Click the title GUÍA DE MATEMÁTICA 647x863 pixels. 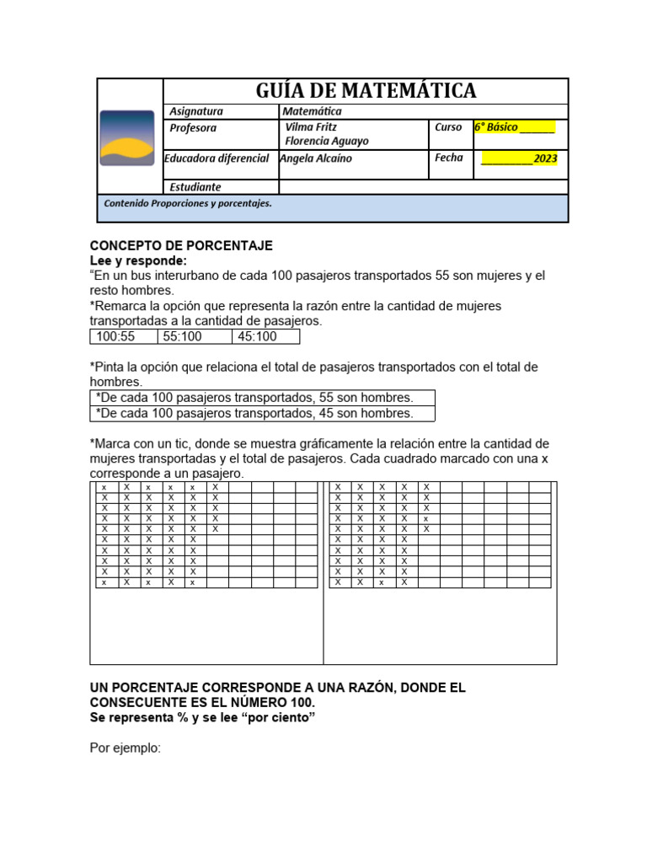365,91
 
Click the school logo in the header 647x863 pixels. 127,137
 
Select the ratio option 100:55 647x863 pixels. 115,337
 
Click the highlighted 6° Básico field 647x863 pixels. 514,127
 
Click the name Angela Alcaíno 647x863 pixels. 316,158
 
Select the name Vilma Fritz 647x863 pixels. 312,127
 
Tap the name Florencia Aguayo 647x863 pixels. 327,142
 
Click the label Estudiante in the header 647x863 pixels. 195,187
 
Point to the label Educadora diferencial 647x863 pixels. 217,158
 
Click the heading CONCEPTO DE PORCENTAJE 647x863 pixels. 181,246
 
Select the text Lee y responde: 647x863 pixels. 138,261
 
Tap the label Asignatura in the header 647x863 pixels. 196,111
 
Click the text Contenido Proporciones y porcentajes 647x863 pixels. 187,203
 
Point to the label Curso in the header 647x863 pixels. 448,127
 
